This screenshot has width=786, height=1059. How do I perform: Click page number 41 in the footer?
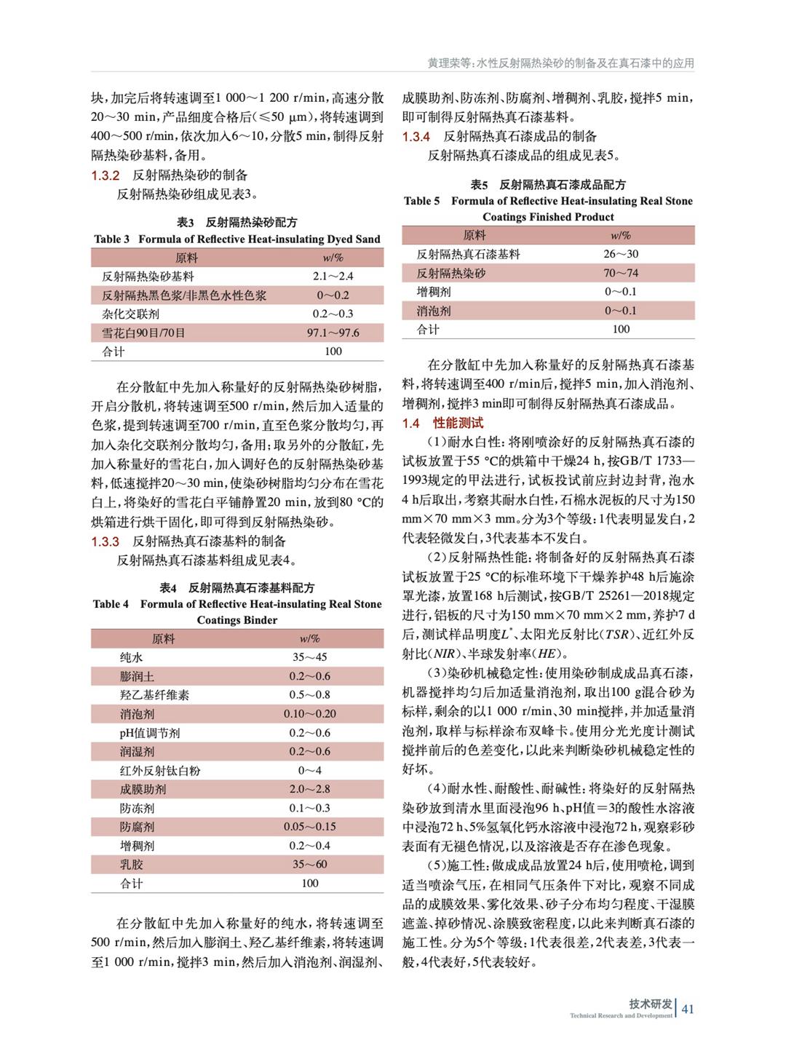click(688, 1009)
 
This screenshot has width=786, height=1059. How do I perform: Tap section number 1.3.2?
click(105, 175)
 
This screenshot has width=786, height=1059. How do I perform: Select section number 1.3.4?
click(416, 136)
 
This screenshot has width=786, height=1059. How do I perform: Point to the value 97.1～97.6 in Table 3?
click(333, 333)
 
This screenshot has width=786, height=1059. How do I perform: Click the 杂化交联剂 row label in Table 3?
click(130, 314)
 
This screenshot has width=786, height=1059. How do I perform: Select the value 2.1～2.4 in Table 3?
click(333, 277)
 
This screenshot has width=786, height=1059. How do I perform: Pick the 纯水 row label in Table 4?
click(132, 657)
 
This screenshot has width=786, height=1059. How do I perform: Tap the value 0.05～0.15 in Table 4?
click(310, 827)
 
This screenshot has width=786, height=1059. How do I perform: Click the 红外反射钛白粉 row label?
click(160, 771)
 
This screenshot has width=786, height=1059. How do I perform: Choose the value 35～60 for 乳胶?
click(310, 865)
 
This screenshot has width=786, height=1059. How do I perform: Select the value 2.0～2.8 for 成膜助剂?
click(310, 789)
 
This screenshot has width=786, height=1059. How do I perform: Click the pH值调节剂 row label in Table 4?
click(150, 733)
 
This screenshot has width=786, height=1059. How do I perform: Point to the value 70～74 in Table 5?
click(621, 273)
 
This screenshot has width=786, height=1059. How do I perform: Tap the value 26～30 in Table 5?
click(621, 254)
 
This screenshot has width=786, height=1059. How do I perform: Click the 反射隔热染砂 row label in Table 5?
click(450, 273)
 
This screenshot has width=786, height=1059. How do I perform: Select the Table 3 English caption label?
click(111, 239)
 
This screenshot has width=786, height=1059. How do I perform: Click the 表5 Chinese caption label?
click(479, 185)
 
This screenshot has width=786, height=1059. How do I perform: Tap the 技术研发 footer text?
click(651, 1004)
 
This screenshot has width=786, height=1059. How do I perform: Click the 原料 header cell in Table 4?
click(163, 638)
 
